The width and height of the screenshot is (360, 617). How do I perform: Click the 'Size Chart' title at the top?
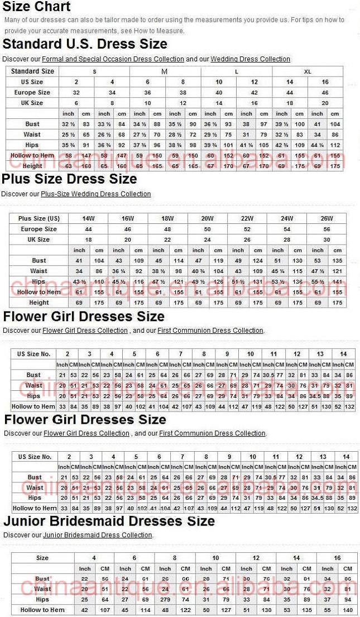point(37,7)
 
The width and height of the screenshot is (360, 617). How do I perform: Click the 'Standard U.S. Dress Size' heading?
point(84,44)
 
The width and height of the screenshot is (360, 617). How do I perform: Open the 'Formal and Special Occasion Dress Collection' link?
point(113,59)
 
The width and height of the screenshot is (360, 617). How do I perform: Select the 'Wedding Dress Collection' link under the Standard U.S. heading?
point(250,59)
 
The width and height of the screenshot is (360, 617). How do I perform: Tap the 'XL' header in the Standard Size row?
point(308,71)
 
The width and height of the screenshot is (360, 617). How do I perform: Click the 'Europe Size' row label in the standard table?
point(32,92)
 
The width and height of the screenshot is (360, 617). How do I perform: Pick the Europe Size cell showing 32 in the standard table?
point(76,92)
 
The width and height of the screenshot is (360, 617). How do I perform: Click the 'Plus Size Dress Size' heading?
point(69,179)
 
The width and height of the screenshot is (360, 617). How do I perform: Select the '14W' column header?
point(88,218)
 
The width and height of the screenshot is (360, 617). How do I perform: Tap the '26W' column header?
point(327,218)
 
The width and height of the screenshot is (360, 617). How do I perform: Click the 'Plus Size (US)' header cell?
point(39,218)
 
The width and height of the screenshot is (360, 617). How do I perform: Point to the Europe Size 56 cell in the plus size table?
point(327,229)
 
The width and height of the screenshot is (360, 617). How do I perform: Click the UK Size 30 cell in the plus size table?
point(327,240)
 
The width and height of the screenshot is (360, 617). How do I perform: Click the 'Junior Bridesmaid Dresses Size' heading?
point(109,521)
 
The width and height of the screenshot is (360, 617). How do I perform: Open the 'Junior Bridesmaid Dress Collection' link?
point(98,535)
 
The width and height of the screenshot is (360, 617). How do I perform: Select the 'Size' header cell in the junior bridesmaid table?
point(42,558)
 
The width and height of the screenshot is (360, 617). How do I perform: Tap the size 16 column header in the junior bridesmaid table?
point(337,558)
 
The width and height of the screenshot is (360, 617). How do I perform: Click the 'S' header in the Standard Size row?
point(94,71)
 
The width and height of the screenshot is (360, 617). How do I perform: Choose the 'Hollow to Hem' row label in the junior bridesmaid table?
point(42,610)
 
